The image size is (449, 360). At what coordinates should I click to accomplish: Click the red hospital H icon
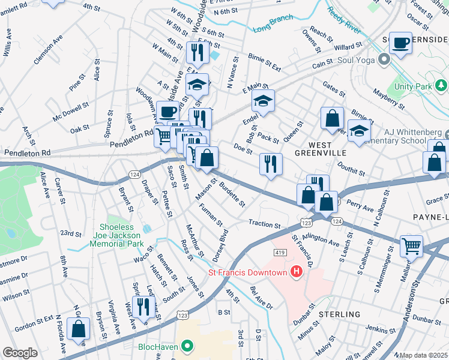[x=296, y=273]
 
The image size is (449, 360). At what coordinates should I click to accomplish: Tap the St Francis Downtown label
[x=247, y=273]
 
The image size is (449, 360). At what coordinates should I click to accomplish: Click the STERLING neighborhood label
[x=339, y=314]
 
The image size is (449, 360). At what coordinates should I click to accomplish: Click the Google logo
[x=20, y=352]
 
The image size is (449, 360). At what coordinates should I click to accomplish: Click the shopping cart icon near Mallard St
[x=411, y=244]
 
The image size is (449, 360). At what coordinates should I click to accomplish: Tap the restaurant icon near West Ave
[x=143, y=307]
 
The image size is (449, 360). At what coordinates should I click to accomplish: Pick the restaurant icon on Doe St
[x=271, y=163]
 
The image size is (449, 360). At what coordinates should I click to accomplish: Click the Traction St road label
[x=265, y=225]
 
